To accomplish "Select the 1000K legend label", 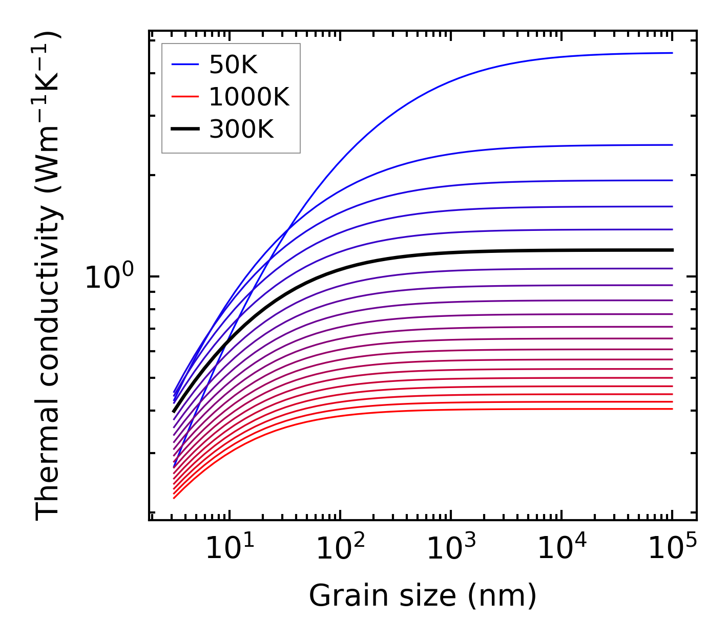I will click(x=249, y=97).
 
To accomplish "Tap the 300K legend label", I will click(x=241, y=130).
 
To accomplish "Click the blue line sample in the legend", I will click(x=185, y=65).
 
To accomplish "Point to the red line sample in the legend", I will click(x=185, y=97).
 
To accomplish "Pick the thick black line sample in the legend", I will click(x=185, y=130).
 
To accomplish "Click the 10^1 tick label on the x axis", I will click(x=230, y=549).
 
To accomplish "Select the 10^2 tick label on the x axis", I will click(x=340, y=549).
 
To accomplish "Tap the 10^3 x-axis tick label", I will click(x=451, y=549).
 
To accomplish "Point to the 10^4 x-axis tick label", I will click(x=561, y=549).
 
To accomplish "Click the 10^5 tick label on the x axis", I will click(x=672, y=549).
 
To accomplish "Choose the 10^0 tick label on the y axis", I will click(x=109, y=277).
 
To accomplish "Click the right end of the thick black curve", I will click(x=672, y=250).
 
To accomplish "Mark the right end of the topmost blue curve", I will click(x=672, y=53).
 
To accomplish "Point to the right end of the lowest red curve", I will click(x=672, y=409).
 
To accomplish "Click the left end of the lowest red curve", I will click(x=174, y=498).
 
